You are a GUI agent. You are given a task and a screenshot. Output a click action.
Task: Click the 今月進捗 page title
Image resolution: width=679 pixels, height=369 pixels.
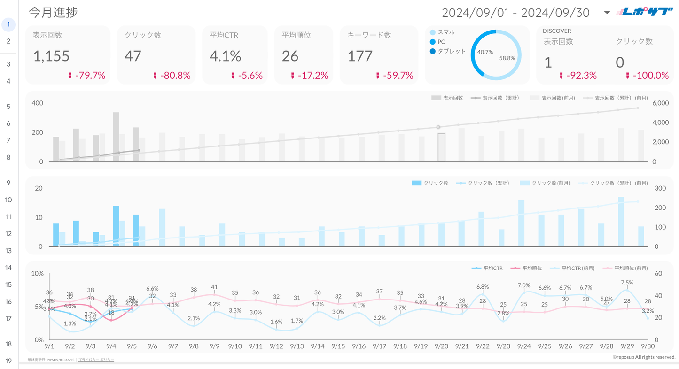pyautogui.click(x=53, y=13)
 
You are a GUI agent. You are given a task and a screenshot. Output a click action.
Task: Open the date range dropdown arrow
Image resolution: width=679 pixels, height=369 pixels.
pyautogui.click(x=607, y=13)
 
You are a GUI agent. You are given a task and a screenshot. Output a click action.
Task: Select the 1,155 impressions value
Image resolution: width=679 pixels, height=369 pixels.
pyautogui.click(x=51, y=56)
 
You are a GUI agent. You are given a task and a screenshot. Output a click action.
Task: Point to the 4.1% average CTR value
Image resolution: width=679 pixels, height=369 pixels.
pyautogui.click(x=225, y=56)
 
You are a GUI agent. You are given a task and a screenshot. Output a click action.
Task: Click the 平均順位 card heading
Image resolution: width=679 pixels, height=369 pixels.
pyautogui.click(x=296, y=35)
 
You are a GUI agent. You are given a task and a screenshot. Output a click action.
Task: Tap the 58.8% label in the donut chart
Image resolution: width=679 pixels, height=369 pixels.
pyautogui.click(x=507, y=58)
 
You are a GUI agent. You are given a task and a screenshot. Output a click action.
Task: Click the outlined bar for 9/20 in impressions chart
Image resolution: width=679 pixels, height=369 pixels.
pyautogui.click(x=441, y=147)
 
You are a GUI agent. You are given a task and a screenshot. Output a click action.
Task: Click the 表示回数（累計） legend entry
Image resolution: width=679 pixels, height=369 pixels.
pyautogui.click(x=500, y=98)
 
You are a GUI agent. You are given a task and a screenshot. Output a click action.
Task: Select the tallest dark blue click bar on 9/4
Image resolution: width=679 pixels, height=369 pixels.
pyautogui.click(x=116, y=226)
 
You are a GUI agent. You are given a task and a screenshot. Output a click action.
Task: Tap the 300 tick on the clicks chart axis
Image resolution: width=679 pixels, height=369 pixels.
pyautogui.click(x=660, y=188)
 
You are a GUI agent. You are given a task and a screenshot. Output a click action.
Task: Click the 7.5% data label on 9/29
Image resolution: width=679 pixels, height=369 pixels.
pyautogui.click(x=627, y=283)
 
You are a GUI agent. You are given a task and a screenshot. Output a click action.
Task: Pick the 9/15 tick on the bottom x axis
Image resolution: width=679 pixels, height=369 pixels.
pyautogui.click(x=338, y=346)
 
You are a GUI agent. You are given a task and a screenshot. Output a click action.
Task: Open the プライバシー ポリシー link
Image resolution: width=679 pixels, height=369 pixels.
pyautogui.click(x=96, y=360)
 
